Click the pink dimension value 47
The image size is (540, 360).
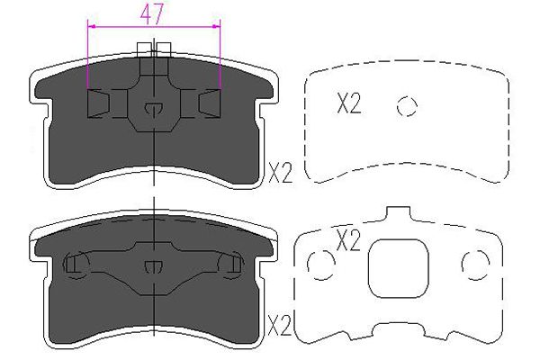point(151,14)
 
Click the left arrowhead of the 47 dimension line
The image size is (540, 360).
point(91,26)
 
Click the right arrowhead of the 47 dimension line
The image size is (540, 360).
point(217,26)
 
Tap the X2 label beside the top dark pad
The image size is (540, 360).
point(280,174)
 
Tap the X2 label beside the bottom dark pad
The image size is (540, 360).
point(280,326)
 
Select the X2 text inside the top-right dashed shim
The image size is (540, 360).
point(349,103)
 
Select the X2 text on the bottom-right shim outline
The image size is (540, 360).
point(348,240)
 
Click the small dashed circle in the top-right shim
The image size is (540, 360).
point(407,106)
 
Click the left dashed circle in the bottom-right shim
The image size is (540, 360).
point(321,265)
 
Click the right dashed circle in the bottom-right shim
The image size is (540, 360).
point(475,265)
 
